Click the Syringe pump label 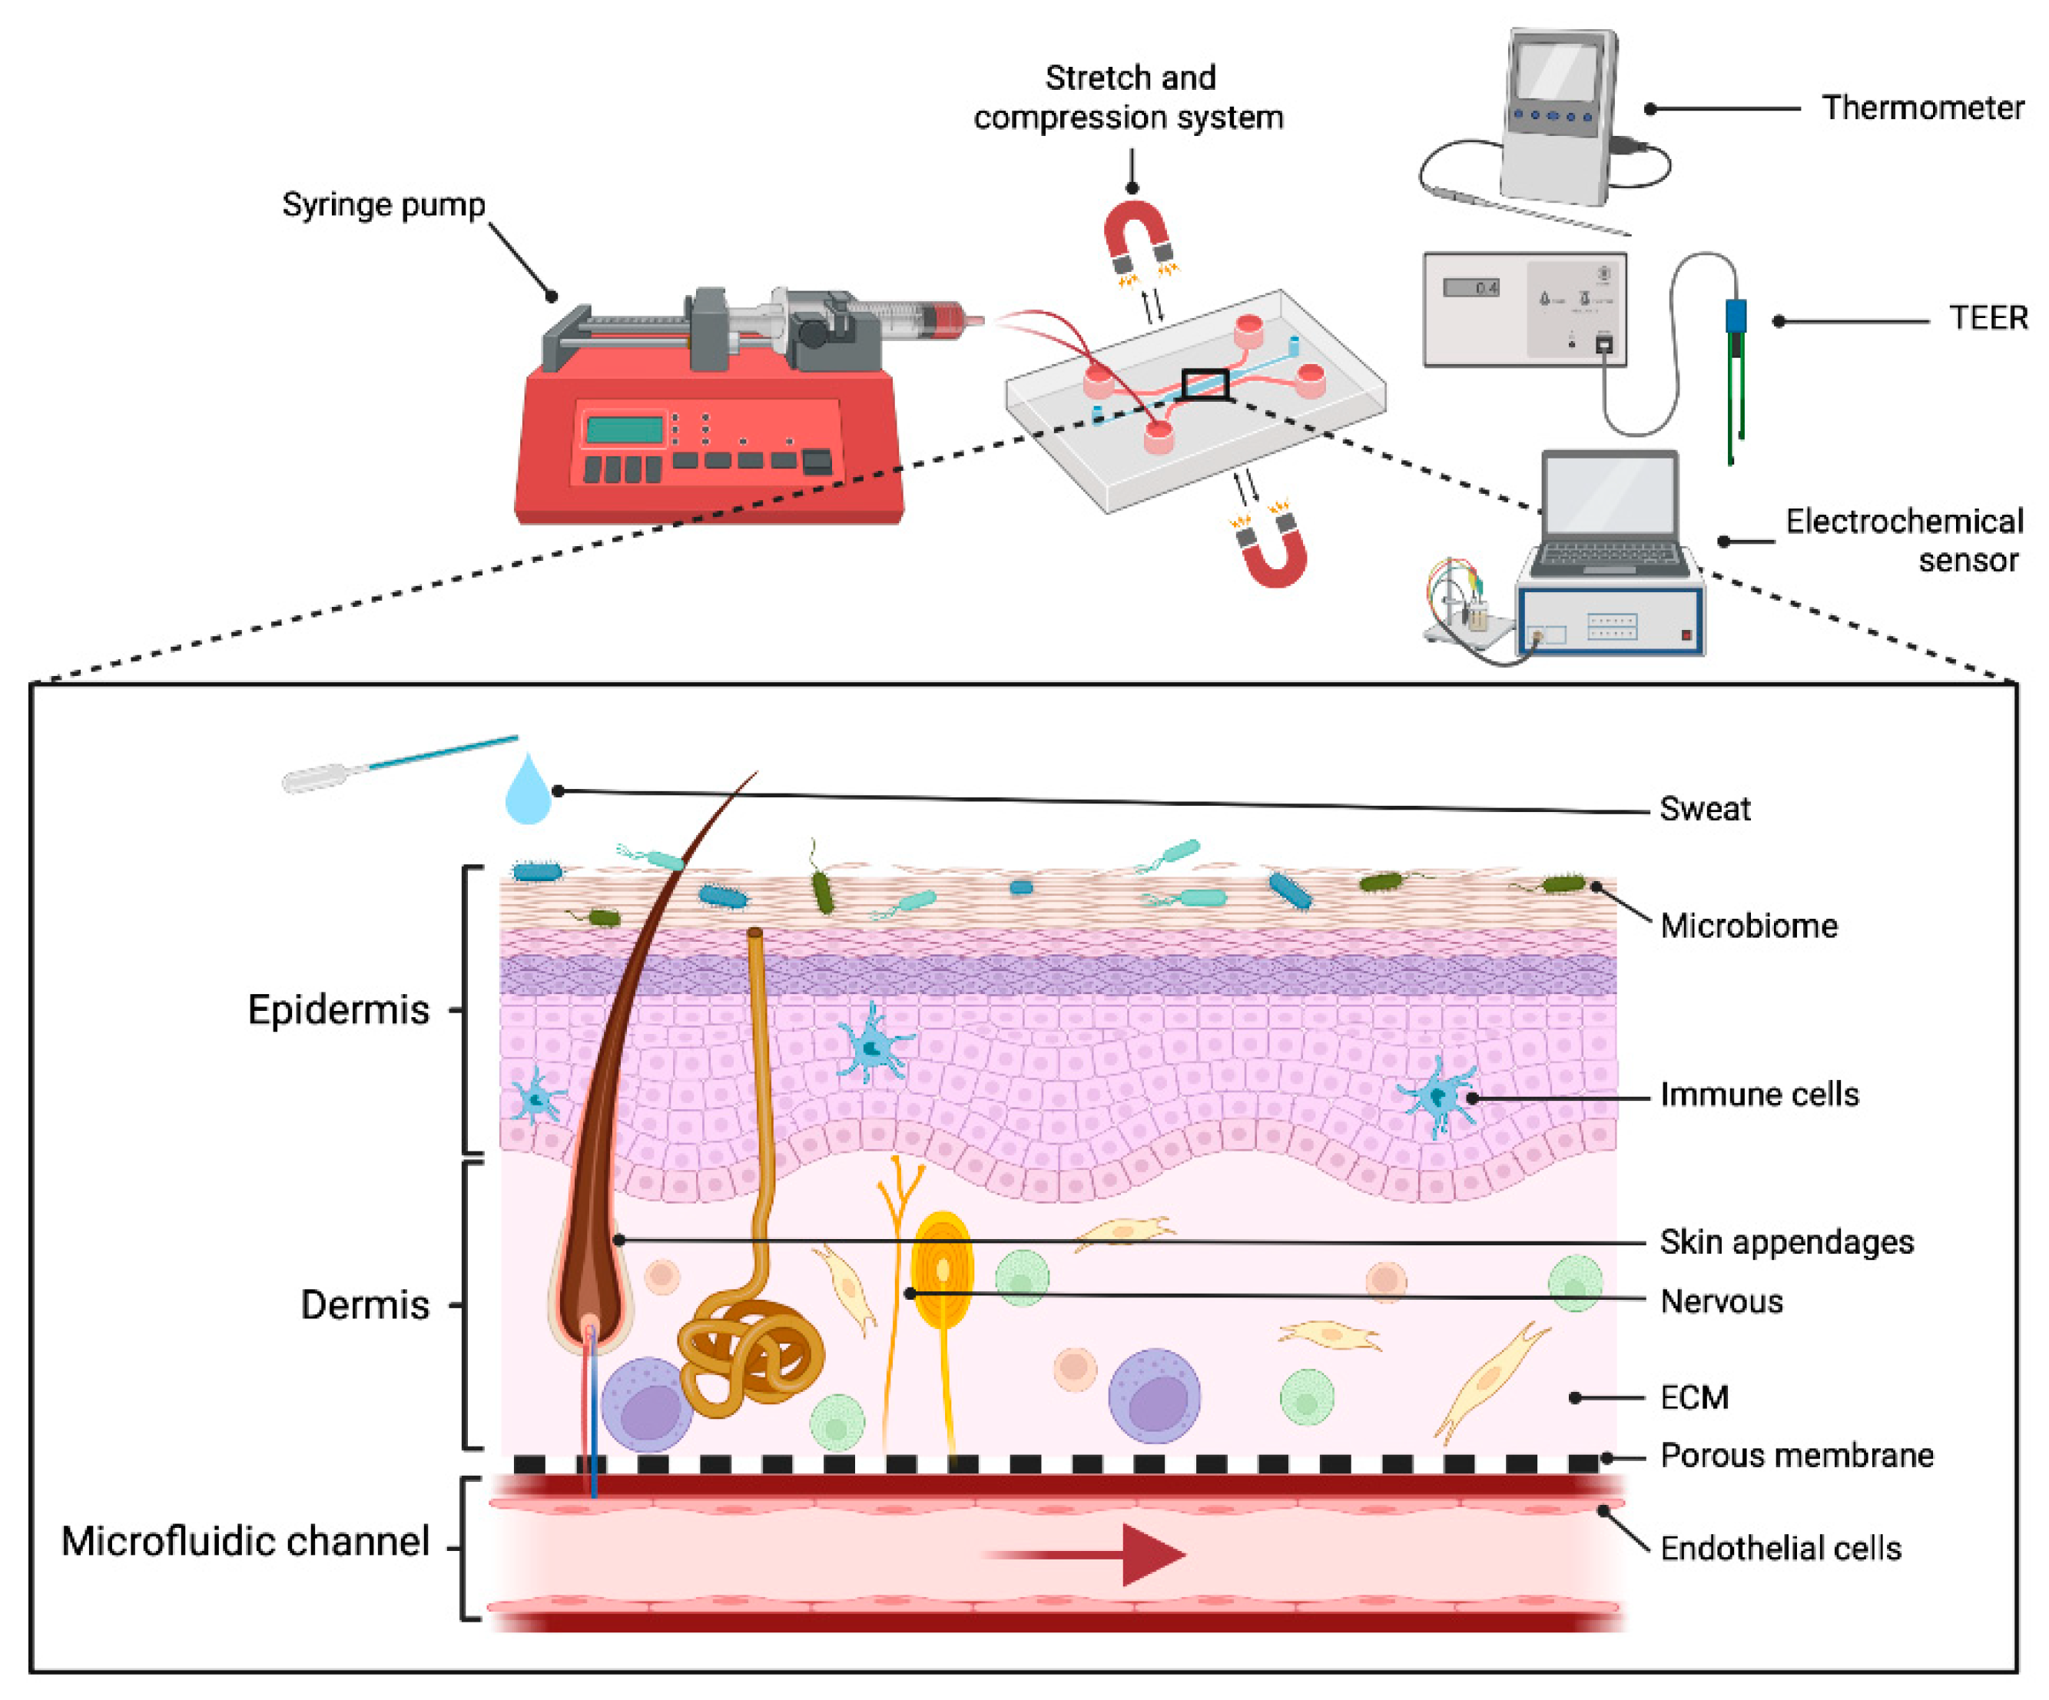coord(383,205)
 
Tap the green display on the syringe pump coord(625,429)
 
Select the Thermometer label coord(1921,108)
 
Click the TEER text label coord(1988,318)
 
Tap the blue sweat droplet coord(528,792)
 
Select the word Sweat coord(1705,809)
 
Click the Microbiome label coord(1748,926)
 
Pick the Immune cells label coord(1759,1095)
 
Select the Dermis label coord(364,1305)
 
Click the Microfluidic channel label coord(245,1542)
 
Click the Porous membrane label coord(1795,1455)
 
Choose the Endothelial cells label coord(1779,1548)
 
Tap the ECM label coord(1694,1397)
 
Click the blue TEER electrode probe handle coord(1736,316)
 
